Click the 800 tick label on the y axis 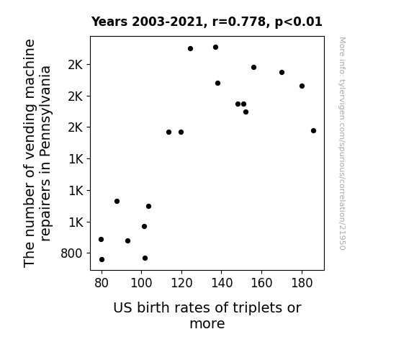(71, 253)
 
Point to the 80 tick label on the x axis (102, 283)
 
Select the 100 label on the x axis (142, 283)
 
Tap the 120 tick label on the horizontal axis (181, 283)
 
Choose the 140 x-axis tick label (222, 283)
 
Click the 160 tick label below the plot (261, 283)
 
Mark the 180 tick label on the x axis (302, 283)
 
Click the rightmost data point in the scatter (313, 131)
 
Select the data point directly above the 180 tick (302, 86)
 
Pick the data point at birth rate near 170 (282, 73)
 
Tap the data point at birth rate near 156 (253, 68)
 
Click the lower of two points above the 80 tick (102, 260)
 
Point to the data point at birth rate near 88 (117, 202)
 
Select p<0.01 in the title (299, 22)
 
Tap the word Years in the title (109, 22)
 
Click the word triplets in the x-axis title (254, 308)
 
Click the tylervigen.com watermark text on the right (342, 143)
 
